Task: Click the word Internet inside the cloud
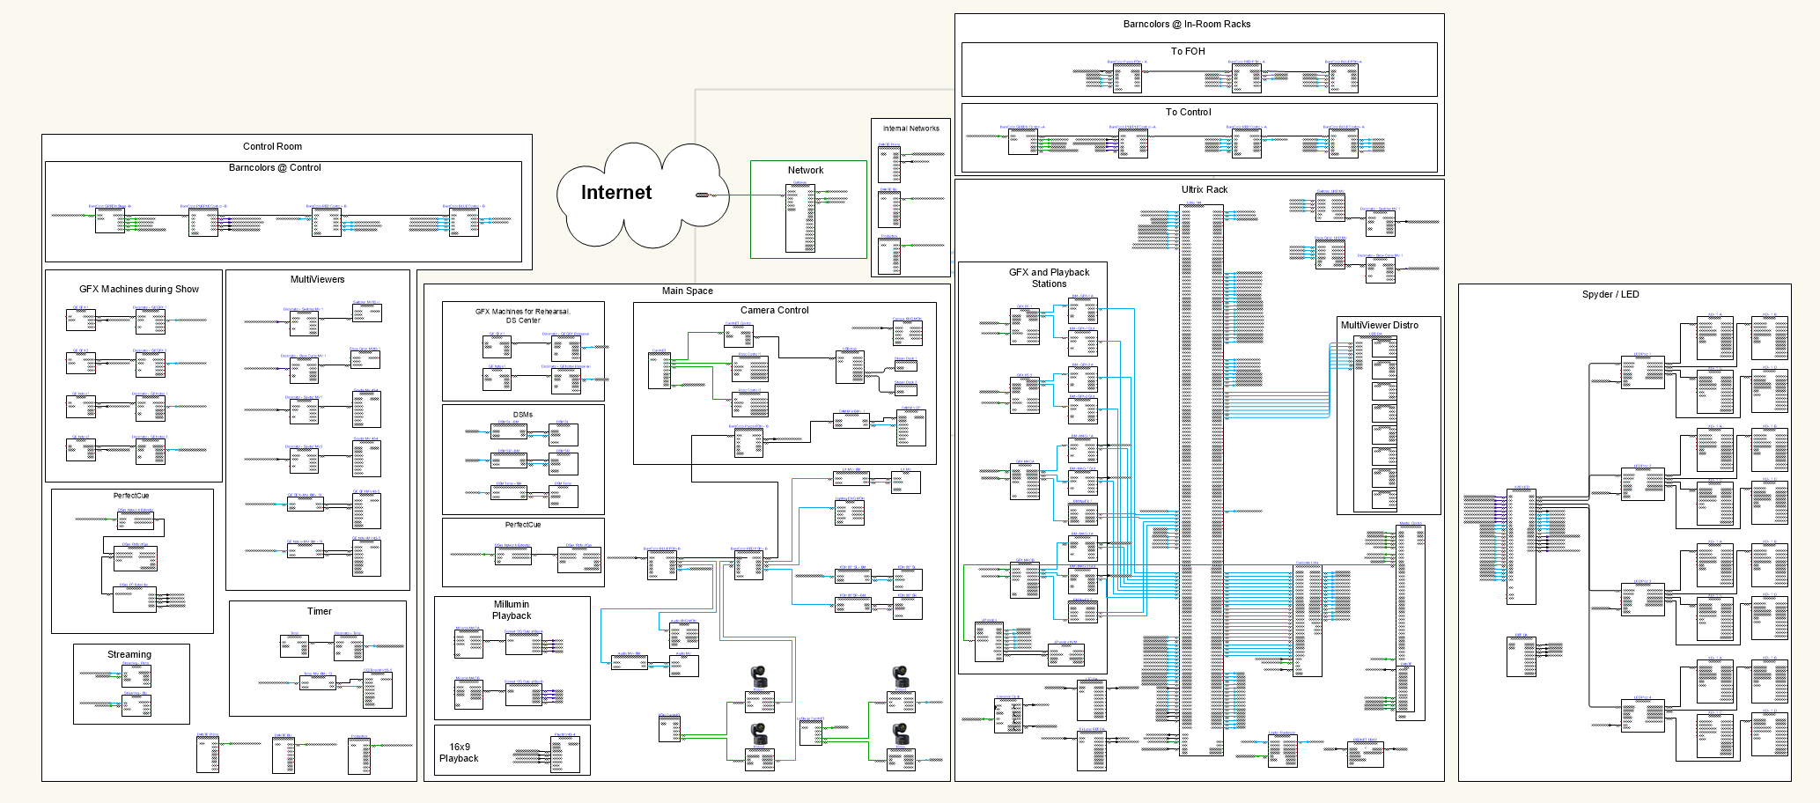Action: (615, 193)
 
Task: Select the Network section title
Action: (805, 170)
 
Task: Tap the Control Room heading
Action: (272, 146)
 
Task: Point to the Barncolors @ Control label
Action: (275, 167)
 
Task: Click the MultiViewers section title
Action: (317, 279)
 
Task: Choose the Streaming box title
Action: (129, 654)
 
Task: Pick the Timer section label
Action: (319, 611)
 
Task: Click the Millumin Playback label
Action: (511, 610)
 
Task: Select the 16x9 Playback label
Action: (459, 752)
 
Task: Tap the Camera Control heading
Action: (774, 310)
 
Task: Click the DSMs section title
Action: (522, 414)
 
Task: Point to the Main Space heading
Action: (687, 291)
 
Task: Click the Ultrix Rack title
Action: (1204, 189)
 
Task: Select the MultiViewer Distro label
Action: (1379, 325)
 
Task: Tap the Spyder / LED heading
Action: (1610, 294)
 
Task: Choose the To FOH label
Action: (1187, 51)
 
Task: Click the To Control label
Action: (1188, 112)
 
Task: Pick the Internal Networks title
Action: (910, 129)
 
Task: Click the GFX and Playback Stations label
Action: (1049, 278)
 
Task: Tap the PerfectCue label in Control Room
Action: (131, 496)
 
